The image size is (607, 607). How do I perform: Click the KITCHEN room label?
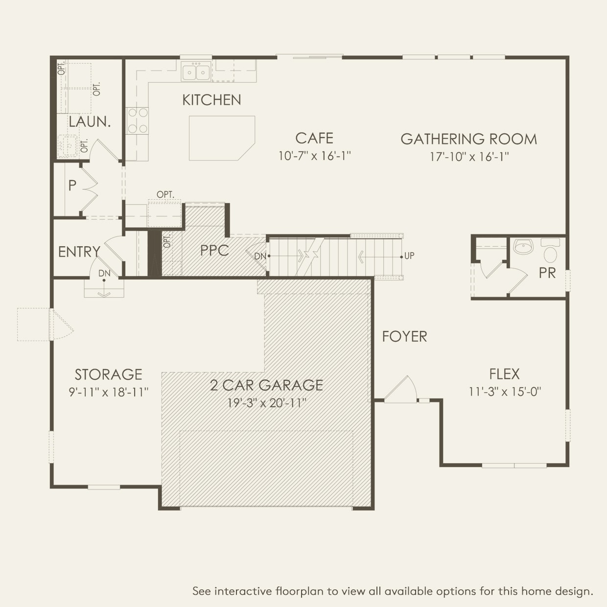click(x=211, y=100)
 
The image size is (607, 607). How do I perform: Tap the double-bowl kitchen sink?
click(x=196, y=71)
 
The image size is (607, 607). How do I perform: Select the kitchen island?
click(x=222, y=138)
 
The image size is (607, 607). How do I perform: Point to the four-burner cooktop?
click(x=137, y=120)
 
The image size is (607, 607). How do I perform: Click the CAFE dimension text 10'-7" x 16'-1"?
click(x=315, y=156)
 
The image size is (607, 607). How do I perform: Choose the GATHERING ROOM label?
click(x=469, y=139)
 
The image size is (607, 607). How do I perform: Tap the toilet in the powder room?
click(x=550, y=250)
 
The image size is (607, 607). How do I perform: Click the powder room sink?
click(x=523, y=246)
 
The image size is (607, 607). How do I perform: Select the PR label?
click(x=547, y=273)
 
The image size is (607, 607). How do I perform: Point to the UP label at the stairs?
click(x=409, y=256)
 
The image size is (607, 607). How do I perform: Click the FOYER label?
click(x=404, y=336)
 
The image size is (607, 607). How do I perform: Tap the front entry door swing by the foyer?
click(x=401, y=389)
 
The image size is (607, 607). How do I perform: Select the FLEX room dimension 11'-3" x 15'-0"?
click(x=505, y=392)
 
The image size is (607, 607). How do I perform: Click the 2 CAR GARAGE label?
click(x=266, y=385)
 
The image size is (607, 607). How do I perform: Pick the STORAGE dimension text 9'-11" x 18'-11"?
click(x=108, y=392)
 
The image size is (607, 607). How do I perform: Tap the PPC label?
click(x=214, y=251)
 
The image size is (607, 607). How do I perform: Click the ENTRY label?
click(x=79, y=252)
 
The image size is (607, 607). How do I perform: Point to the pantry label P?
click(x=72, y=186)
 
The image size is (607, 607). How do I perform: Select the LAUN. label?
click(x=90, y=121)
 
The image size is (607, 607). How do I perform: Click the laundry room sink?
click(x=68, y=146)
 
